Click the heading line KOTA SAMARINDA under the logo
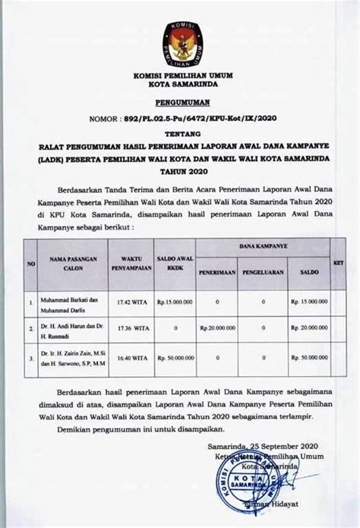[180, 86]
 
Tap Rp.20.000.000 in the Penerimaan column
[218, 328]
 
